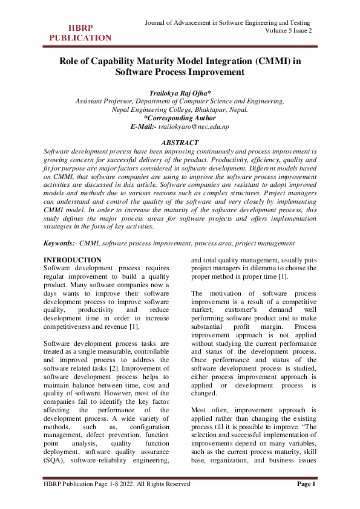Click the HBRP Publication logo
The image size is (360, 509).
[x=80, y=33]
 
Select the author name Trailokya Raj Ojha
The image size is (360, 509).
[x=180, y=93]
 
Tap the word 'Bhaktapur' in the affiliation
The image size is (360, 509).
[x=205, y=110]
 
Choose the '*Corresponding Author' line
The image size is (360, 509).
[x=180, y=118]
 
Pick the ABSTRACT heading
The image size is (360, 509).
[x=180, y=143]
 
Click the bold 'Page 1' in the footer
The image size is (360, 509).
[x=305, y=484]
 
